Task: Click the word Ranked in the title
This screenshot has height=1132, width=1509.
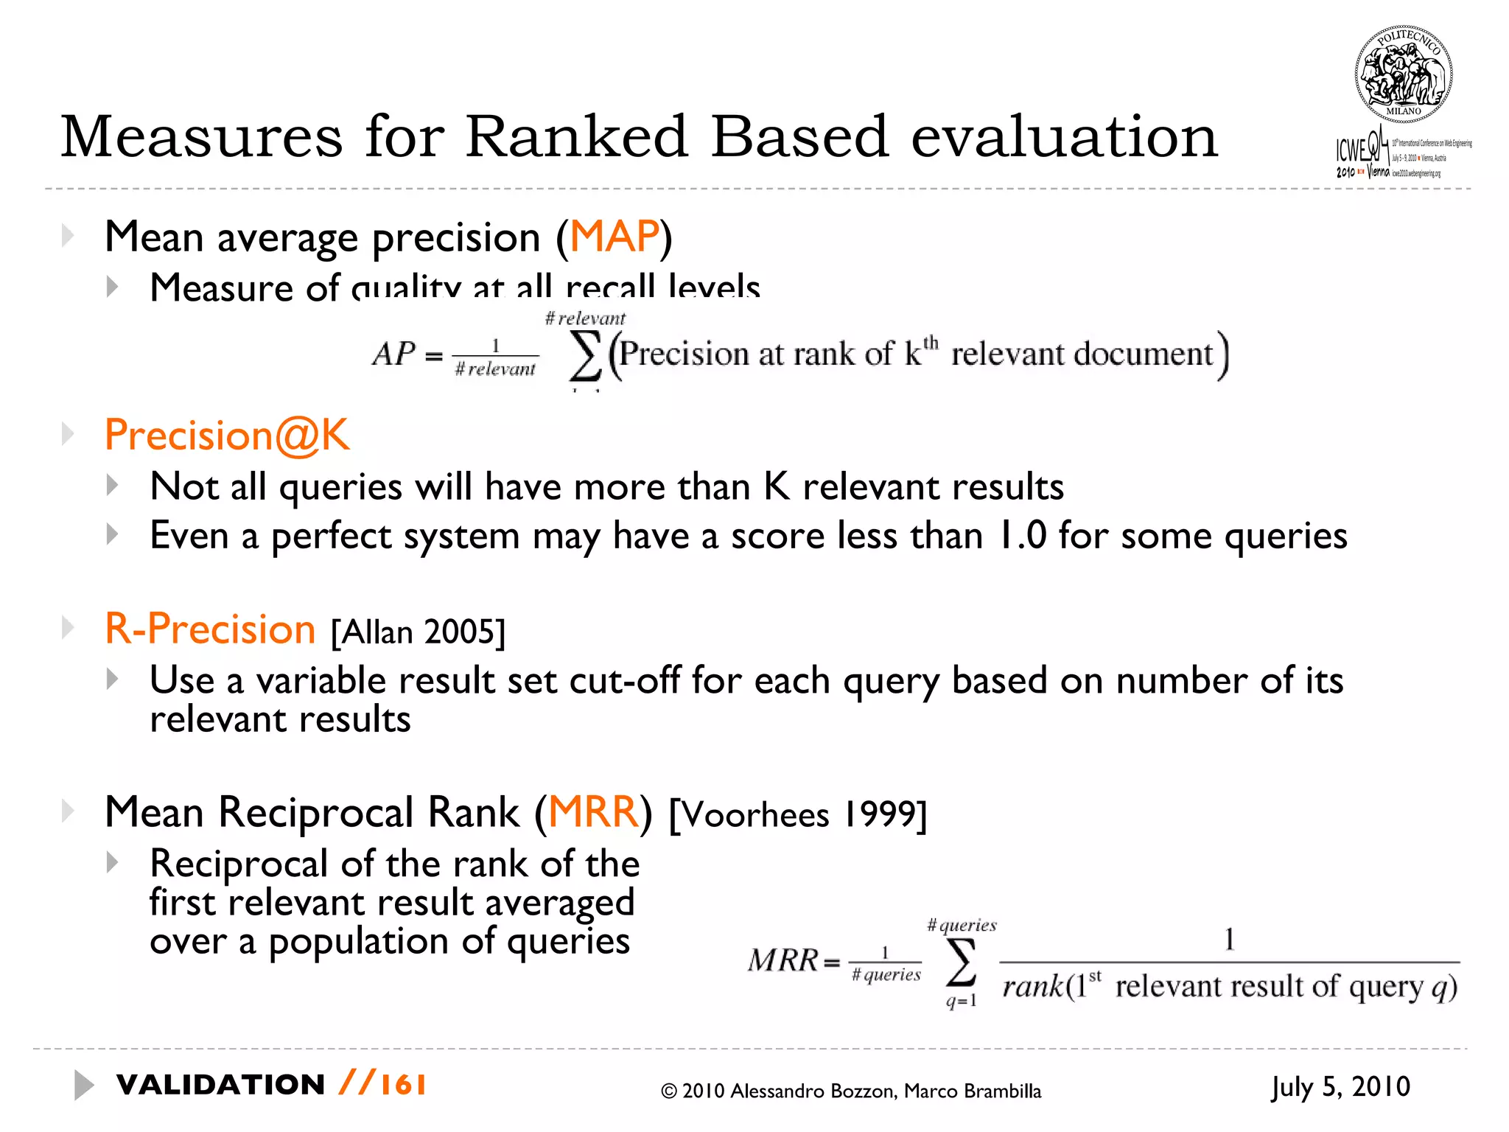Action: pyautogui.click(x=577, y=137)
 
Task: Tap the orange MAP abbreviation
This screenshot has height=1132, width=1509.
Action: pyautogui.click(x=614, y=237)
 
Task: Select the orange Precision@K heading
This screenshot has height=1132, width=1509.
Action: pyautogui.click(x=227, y=435)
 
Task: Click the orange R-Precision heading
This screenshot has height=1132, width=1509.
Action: pyautogui.click(x=210, y=629)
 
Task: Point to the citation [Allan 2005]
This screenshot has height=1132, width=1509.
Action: pyautogui.click(x=418, y=632)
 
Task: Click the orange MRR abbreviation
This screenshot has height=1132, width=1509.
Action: pyautogui.click(x=593, y=812)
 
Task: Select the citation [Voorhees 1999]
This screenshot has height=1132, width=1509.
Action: pyautogui.click(x=797, y=815)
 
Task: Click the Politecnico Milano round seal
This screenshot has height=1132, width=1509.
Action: pyautogui.click(x=1403, y=74)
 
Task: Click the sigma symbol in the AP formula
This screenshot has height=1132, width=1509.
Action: pyautogui.click(x=586, y=356)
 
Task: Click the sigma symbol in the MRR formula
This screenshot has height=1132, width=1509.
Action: pyautogui.click(x=961, y=962)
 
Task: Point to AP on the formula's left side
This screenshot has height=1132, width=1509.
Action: pyautogui.click(x=393, y=354)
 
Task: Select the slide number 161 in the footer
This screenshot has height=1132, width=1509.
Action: pyautogui.click(x=403, y=1085)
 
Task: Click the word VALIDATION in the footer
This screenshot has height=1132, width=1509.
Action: pyautogui.click(x=220, y=1085)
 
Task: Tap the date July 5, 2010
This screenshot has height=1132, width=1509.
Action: pyautogui.click(x=1340, y=1087)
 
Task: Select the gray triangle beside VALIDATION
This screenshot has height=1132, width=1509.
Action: pyautogui.click(x=83, y=1085)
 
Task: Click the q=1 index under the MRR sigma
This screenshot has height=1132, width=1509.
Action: pyautogui.click(x=961, y=1001)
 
